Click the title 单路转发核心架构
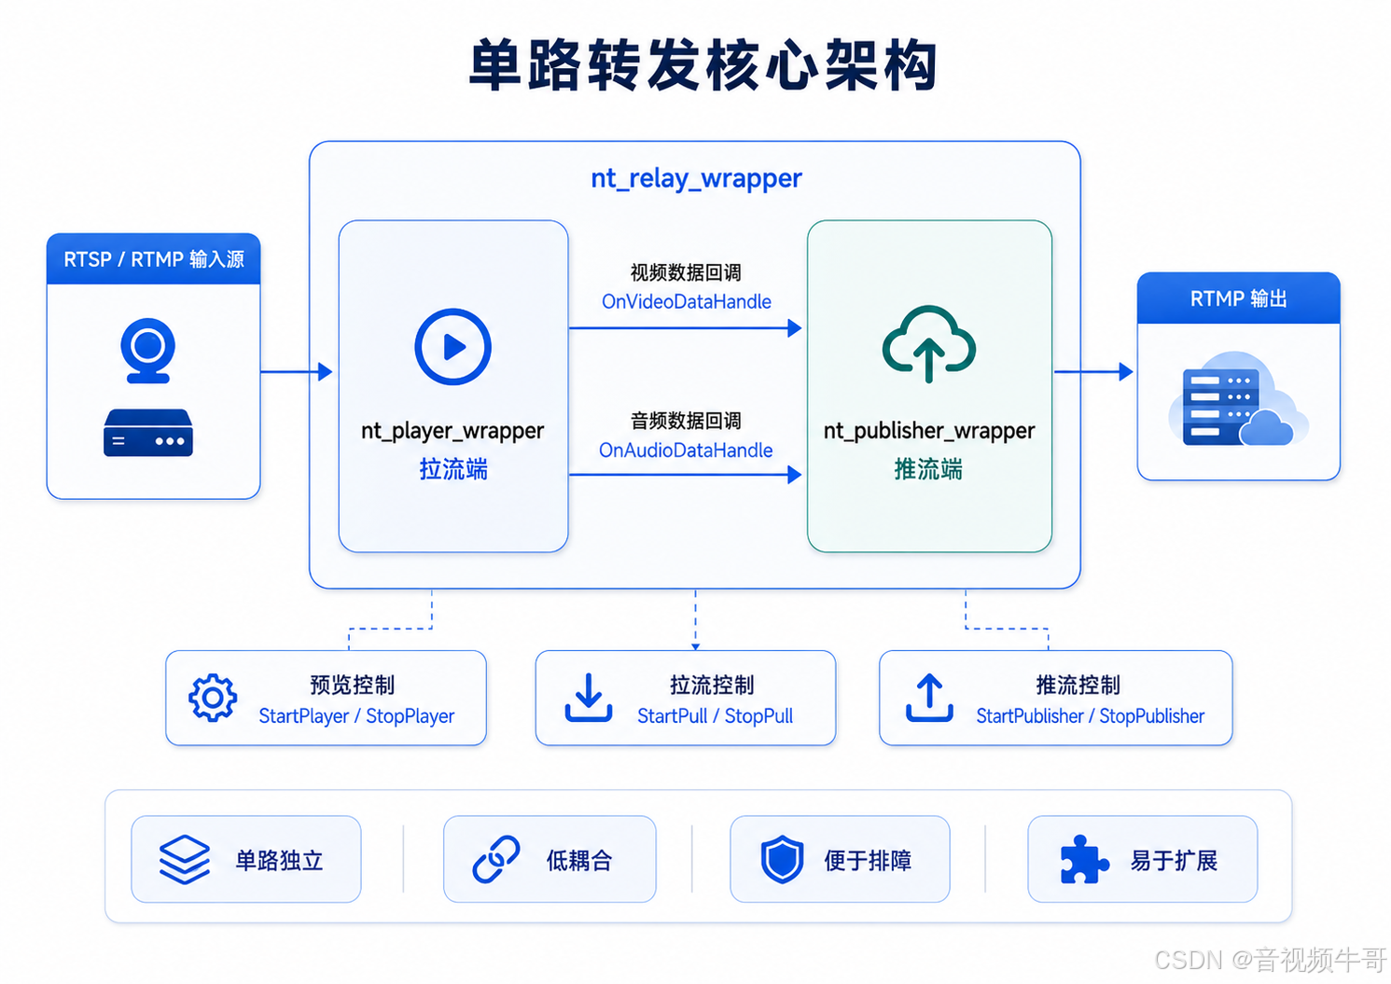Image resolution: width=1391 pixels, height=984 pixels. point(702,64)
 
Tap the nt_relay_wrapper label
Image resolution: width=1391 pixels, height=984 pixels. point(696,179)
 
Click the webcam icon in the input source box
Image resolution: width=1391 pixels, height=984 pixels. point(147,351)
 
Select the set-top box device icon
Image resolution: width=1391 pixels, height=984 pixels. point(147,433)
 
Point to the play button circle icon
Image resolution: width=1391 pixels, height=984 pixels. point(452,346)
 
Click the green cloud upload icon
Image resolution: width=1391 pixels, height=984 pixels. point(929,343)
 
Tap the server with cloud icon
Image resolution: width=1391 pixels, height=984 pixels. point(1238,399)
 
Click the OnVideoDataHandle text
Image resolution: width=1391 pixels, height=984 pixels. point(687,301)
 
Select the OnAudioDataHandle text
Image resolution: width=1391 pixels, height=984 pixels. point(686,450)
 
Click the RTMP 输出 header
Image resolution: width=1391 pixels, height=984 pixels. point(1238,298)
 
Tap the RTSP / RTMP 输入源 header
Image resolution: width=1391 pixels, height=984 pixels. point(153,259)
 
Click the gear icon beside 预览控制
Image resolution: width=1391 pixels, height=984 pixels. point(213,698)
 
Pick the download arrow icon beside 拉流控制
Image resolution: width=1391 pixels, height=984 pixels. point(588,698)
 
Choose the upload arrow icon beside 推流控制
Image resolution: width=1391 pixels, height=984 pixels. point(929,698)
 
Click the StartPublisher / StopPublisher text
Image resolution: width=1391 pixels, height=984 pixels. point(1090,716)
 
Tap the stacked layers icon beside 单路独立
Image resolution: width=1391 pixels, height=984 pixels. point(185,860)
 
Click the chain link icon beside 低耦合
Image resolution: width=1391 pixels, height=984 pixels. point(496,859)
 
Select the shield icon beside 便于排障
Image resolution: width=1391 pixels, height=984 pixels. point(783,859)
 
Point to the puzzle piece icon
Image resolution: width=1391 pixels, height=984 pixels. point(1084,860)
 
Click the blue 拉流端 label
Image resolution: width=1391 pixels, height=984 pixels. point(453,469)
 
